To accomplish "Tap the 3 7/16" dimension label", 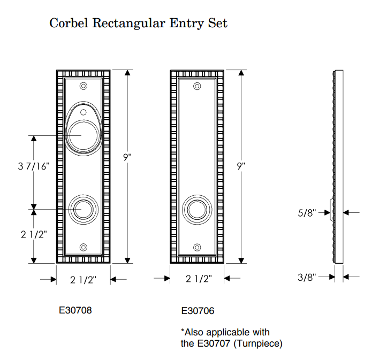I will [x=33, y=166].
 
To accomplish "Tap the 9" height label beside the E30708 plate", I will [x=127, y=158].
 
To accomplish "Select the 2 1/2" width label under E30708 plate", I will [x=84, y=279].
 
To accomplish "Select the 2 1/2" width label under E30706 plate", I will [x=199, y=279].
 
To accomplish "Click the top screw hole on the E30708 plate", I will [x=83, y=86].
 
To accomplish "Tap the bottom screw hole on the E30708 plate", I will [x=83, y=247].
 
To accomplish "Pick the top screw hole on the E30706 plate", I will [x=198, y=86].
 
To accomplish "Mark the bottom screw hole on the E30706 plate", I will [x=198, y=247].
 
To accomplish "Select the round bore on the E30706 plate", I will [x=198, y=209].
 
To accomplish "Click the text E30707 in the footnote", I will [x=215, y=343].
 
